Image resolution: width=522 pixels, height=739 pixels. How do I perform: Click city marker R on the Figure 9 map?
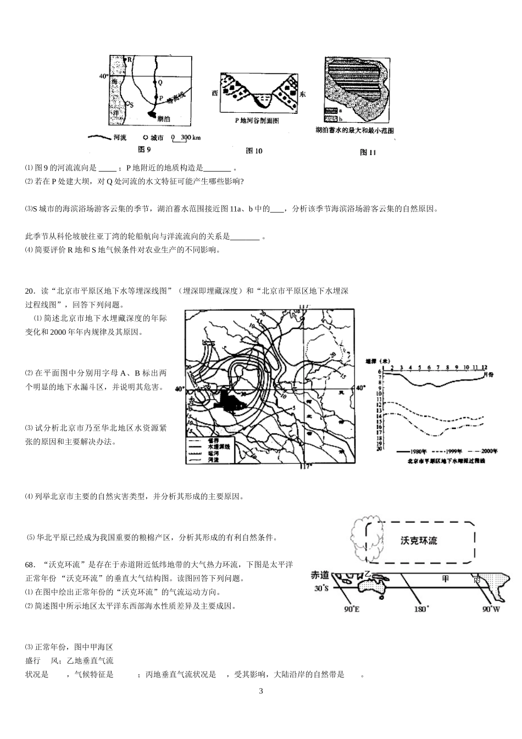click(125, 58)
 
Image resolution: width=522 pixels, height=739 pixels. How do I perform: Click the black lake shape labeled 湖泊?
click(151, 115)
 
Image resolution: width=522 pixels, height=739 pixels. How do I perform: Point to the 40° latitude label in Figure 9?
click(103, 76)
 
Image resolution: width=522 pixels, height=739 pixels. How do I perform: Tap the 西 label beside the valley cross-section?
click(215, 93)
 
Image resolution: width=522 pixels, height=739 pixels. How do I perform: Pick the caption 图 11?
click(367, 152)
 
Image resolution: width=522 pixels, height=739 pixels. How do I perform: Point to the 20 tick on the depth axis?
click(379, 449)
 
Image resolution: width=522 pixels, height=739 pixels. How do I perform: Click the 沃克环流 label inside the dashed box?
click(419, 541)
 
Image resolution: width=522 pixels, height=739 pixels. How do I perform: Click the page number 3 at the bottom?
click(261, 691)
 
